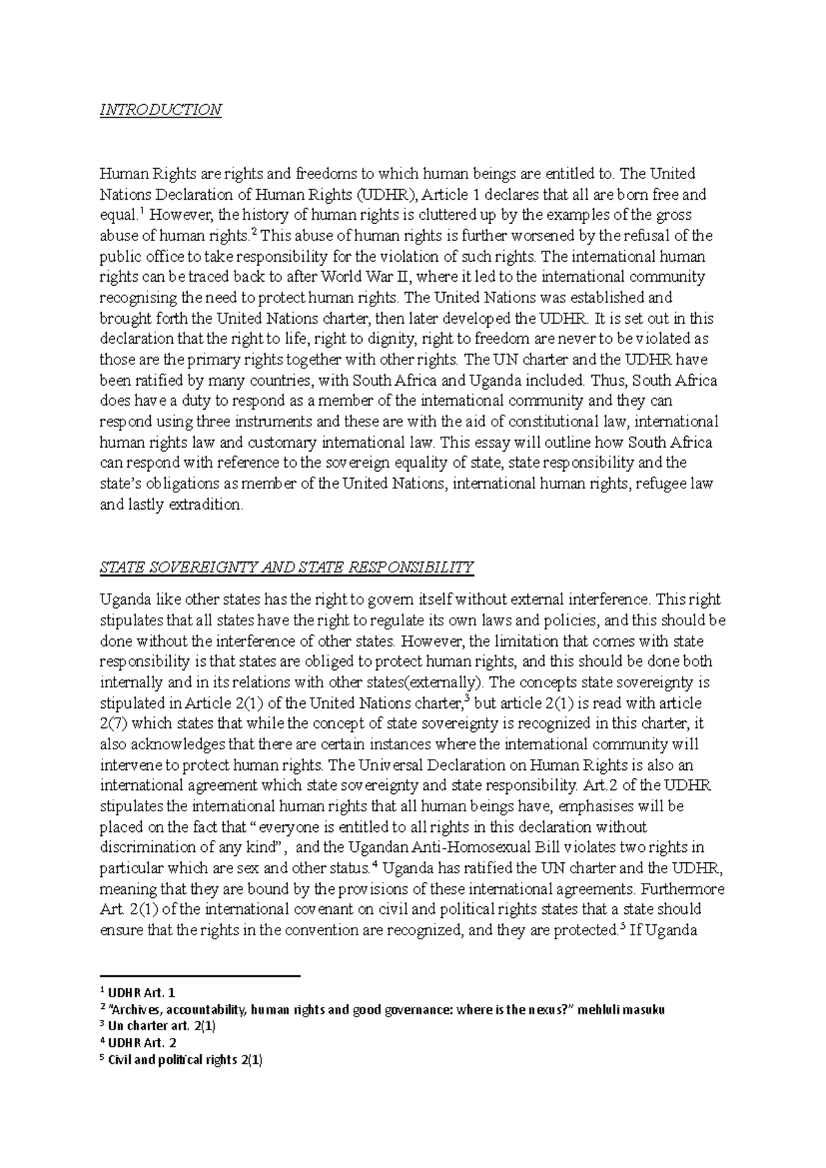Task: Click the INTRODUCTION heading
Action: point(160,110)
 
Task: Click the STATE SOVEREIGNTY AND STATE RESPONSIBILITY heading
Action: point(287,567)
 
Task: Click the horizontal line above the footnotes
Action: point(200,976)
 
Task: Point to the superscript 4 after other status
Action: point(374,864)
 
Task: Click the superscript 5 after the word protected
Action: point(622,926)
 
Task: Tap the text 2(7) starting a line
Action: point(114,723)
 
